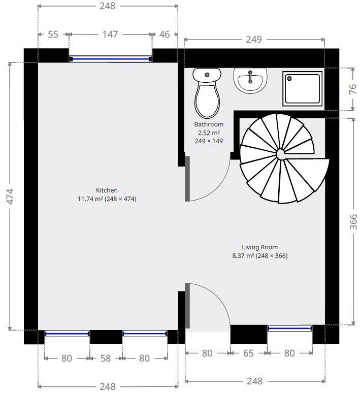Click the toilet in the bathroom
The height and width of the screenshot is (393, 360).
point(207,93)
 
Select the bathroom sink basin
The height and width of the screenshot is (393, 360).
point(250,80)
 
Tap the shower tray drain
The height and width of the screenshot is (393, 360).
point(289,79)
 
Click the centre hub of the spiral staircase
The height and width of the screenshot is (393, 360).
point(280,154)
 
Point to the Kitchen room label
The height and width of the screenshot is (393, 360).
point(107,190)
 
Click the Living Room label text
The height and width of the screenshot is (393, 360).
point(260,247)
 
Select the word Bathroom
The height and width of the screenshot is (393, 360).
point(209,124)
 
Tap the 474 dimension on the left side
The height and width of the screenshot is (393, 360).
point(10,196)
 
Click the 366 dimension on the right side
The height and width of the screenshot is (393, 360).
point(353,222)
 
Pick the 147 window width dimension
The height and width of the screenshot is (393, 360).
point(110,35)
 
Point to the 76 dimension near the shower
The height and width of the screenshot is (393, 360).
point(353,89)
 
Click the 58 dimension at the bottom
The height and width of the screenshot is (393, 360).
point(106,358)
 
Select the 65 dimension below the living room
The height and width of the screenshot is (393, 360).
point(248,353)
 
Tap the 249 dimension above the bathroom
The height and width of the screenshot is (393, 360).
point(254,39)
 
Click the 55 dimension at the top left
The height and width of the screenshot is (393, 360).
point(53,35)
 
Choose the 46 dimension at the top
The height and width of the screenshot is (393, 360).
point(165,35)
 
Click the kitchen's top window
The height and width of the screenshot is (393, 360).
point(110,59)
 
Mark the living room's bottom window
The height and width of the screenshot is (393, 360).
point(290,329)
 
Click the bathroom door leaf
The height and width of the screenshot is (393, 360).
point(187,179)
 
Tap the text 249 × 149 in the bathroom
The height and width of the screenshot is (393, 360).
point(209,141)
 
